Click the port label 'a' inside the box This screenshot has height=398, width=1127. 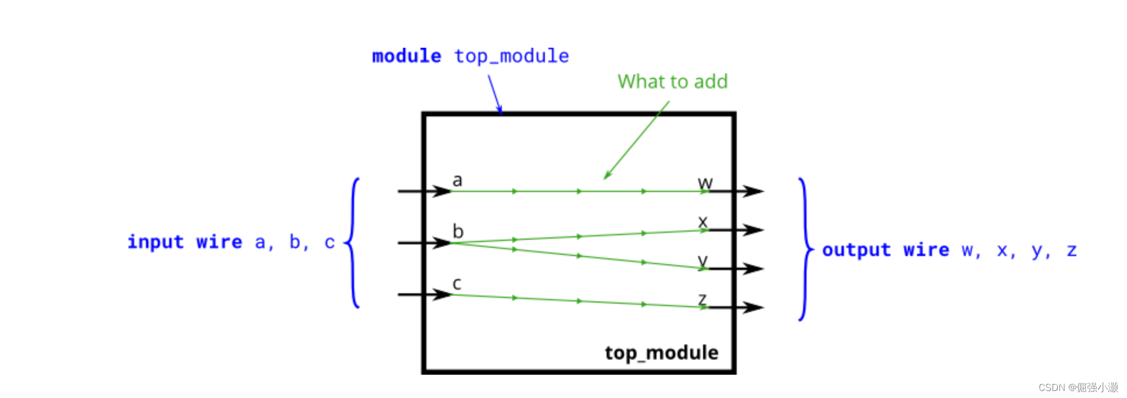[458, 180]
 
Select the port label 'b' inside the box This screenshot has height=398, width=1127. [458, 231]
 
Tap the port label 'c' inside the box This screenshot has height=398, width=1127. [457, 283]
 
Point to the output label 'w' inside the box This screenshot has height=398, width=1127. [705, 183]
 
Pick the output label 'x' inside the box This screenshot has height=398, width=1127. [702, 222]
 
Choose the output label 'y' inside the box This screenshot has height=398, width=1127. [703, 260]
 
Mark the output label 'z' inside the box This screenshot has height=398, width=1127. [702, 299]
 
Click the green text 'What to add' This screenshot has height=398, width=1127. [672, 81]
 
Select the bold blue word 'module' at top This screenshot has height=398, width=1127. [406, 56]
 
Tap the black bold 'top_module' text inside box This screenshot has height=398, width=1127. [661, 353]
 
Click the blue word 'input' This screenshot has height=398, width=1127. [156, 241]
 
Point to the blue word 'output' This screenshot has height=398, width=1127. [856, 250]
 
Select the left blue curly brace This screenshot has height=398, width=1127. [353, 243]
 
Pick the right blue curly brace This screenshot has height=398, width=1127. [806, 249]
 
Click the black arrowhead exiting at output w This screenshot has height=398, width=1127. [753, 191]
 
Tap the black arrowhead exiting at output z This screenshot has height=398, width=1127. [753, 307]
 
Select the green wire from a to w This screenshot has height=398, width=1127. [547, 191]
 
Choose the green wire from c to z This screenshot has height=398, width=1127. [547, 300]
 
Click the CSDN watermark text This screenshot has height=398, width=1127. [1078, 388]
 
